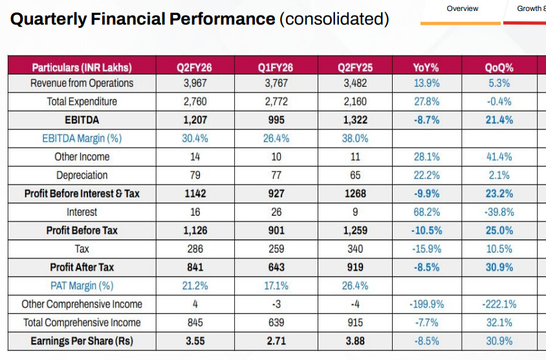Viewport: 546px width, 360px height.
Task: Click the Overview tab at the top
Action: pos(463,8)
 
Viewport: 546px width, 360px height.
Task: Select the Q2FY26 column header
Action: pos(195,67)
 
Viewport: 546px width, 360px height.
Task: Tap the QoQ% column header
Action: pos(499,67)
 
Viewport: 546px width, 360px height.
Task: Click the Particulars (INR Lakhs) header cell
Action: pos(82,67)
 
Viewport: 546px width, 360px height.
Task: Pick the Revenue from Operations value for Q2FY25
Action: pos(355,83)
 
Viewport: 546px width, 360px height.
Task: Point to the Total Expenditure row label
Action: pos(82,102)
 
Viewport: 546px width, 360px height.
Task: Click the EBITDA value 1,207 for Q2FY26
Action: pos(195,120)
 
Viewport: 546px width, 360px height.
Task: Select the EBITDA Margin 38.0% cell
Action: pos(355,138)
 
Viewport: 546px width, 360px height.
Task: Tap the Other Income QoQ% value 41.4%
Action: pos(499,157)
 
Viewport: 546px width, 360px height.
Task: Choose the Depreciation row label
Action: pos(82,175)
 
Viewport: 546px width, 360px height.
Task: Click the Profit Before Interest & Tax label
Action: pos(82,194)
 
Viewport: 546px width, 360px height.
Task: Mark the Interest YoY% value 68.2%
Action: pos(426,212)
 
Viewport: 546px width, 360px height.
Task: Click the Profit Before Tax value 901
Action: pos(276,231)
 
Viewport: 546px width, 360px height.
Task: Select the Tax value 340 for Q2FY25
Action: pos(355,249)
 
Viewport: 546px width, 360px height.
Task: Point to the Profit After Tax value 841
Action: pos(195,267)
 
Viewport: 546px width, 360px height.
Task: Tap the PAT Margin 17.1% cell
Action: pos(276,286)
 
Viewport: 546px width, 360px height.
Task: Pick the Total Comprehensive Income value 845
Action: pos(195,322)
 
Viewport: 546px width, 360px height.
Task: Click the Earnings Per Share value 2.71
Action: pos(276,341)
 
